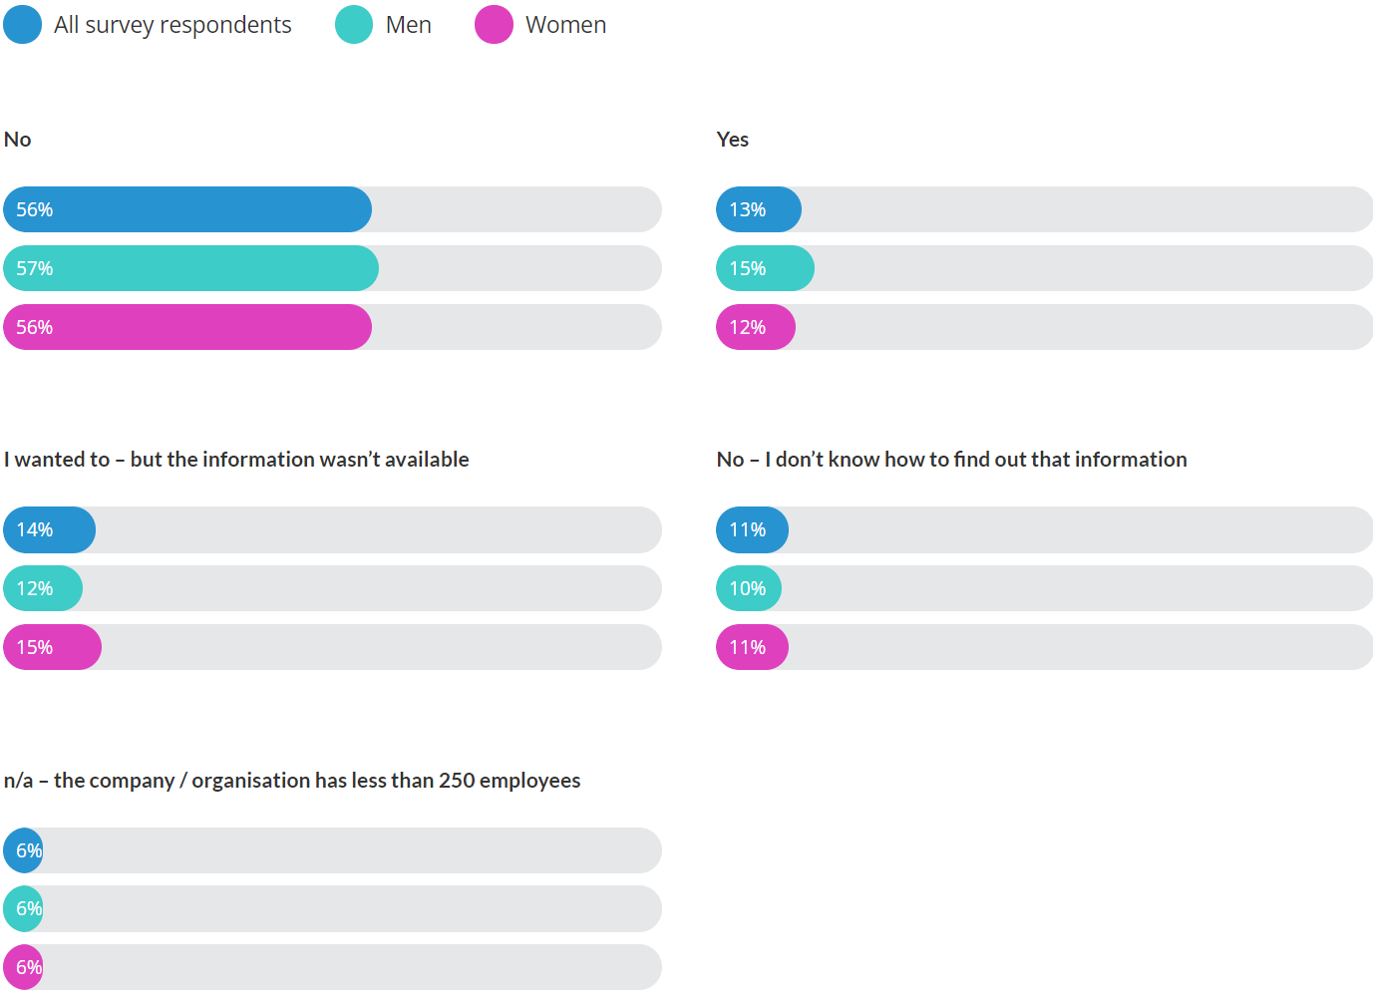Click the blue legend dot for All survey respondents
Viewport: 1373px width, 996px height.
click(x=23, y=25)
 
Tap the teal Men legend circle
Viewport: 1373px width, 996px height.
click(x=354, y=25)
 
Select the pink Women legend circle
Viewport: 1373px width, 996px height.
click(x=494, y=25)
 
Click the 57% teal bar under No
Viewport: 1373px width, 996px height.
click(x=190, y=268)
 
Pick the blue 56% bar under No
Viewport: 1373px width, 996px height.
click(x=187, y=209)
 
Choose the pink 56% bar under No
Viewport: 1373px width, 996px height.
click(x=187, y=327)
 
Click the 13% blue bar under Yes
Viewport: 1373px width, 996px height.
click(x=758, y=209)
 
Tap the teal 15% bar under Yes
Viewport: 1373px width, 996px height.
click(x=765, y=268)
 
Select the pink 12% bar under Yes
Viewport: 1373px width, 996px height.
click(x=755, y=327)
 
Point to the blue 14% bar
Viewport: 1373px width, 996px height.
click(x=49, y=529)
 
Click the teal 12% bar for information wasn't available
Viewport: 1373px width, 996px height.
click(x=43, y=588)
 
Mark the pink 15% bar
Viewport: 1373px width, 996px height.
click(x=52, y=647)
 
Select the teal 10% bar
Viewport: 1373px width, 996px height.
click(x=748, y=588)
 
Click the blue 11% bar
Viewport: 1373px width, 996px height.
click(x=752, y=529)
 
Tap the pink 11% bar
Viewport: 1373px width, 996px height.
click(x=752, y=647)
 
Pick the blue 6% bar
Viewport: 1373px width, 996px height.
click(x=24, y=850)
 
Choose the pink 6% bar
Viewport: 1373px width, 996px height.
click(x=24, y=967)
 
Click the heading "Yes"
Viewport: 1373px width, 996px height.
click(x=732, y=140)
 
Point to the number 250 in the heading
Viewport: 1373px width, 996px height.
click(x=457, y=781)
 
